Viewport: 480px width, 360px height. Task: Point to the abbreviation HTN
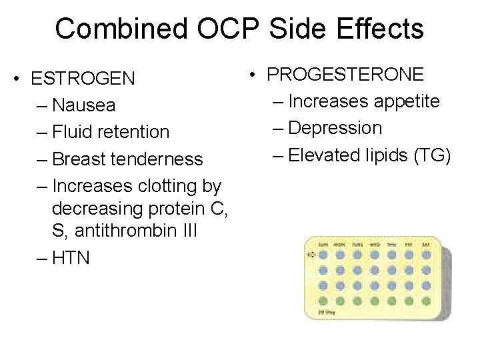pyautogui.click(x=70, y=257)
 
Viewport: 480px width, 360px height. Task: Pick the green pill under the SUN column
pyautogui.click(x=323, y=301)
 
